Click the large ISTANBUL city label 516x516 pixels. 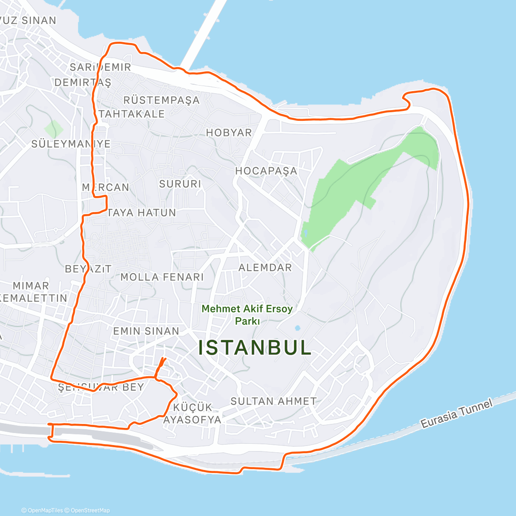pyautogui.click(x=255, y=347)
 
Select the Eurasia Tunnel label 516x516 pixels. pyautogui.click(x=456, y=414)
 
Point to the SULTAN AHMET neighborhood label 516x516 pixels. pyautogui.click(x=273, y=401)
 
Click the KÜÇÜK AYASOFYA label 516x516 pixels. pyautogui.click(x=192, y=413)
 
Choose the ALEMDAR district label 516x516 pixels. pyautogui.click(x=265, y=267)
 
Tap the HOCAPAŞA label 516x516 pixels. pyautogui.click(x=266, y=171)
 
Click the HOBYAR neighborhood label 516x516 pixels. pyautogui.click(x=229, y=132)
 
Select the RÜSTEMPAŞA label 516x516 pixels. pyautogui.click(x=162, y=100)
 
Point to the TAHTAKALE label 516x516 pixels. pyautogui.click(x=132, y=114)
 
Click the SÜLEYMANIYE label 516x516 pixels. pyautogui.click(x=71, y=144)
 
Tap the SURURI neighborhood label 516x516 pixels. pyautogui.click(x=180, y=184)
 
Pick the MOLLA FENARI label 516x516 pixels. pyautogui.click(x=162, y=277)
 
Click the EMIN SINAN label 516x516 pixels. pyautogui.click(x=146, y=331)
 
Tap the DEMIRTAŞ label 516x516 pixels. pyautogui.click(x=83, y=82)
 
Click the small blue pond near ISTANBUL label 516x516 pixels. pyautogui.click(x=297, y=329)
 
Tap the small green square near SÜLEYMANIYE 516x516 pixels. pyautogui.click(x=53, y=129)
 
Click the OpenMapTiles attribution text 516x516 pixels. pyautogui.click(x=43, y=510)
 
